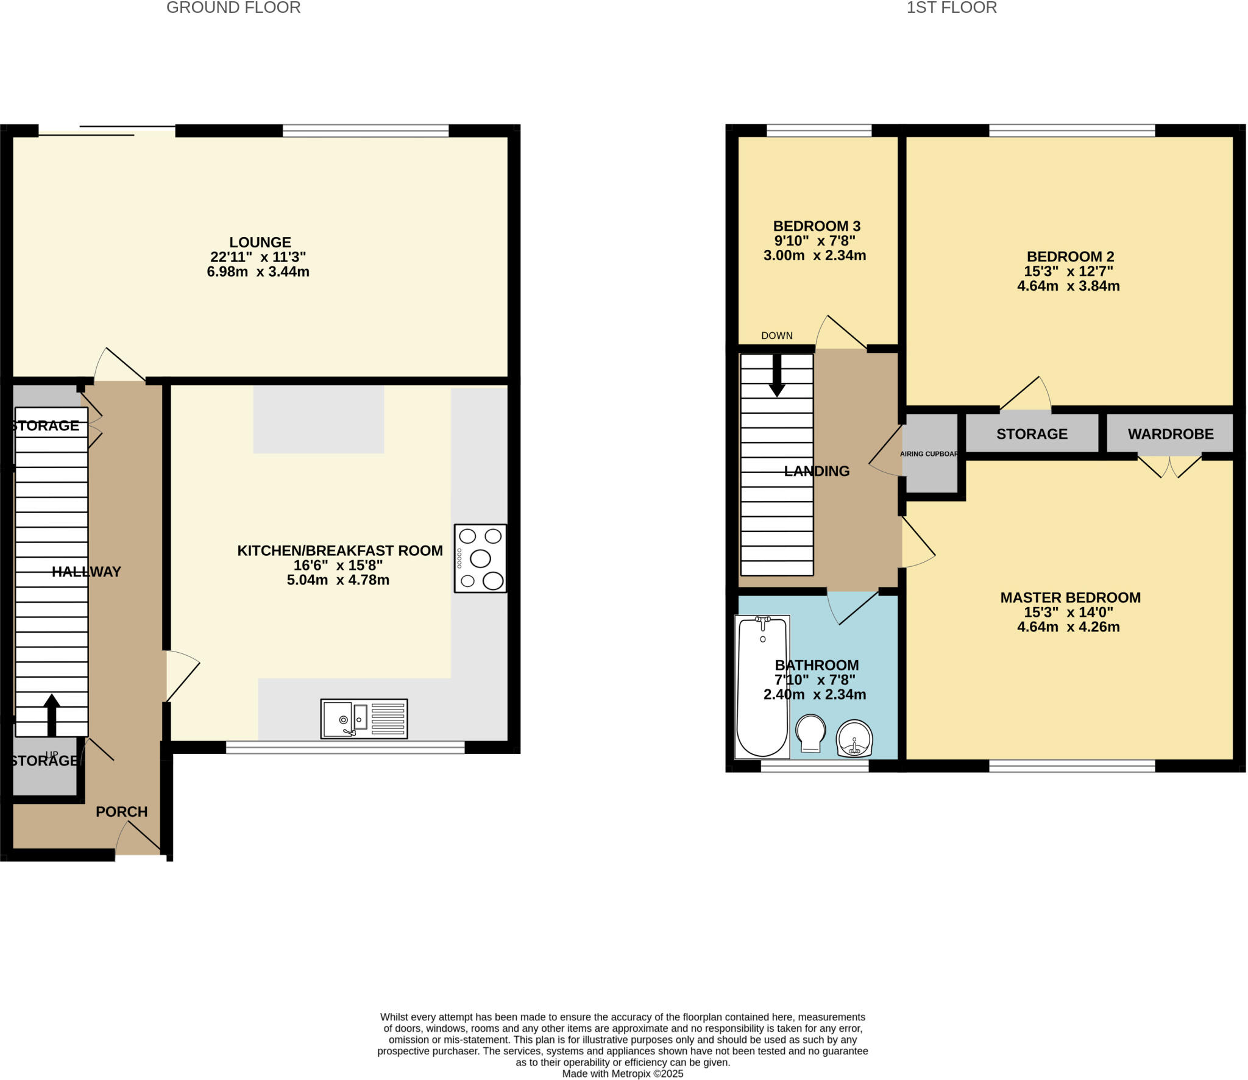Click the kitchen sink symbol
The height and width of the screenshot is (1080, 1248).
pos(364,719)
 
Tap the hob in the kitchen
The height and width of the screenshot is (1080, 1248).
pos(480,558)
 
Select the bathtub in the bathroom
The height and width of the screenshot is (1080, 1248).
pos(762,687)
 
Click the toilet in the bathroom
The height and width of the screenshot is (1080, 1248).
pos(810,734)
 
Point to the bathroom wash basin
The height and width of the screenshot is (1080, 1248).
pos(854,739)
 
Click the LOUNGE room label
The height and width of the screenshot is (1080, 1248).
pos(260,243)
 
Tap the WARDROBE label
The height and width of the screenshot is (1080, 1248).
pos(1171,434)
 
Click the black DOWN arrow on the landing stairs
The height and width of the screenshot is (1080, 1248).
pos(777,377)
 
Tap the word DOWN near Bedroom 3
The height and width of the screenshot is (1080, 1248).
pos(777,336)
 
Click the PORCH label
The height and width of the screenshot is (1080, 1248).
pos(122,812)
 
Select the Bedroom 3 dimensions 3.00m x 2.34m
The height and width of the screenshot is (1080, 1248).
pos(815,256)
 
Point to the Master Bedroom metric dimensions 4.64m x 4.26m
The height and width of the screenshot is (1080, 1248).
pos(1068,627)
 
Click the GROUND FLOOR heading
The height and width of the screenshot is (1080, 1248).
pos(233,8)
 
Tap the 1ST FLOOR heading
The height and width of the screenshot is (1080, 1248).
pos(951,8)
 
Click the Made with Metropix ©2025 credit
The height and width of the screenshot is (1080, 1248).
pos(622,1074)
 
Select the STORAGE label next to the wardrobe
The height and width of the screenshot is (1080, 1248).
pos(1032,434)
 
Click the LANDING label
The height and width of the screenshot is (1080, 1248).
pos(817,471)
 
